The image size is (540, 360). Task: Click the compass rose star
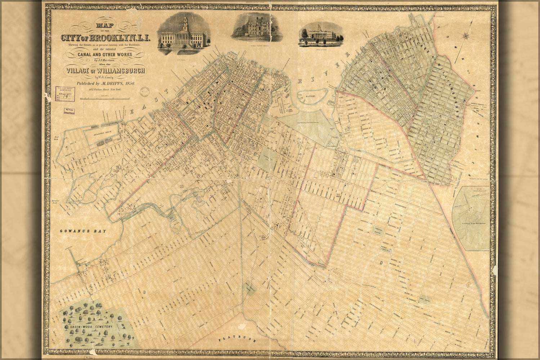pyautogui.click(x=465, y=36)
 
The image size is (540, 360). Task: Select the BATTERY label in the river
pyautogui.click(x=311, y=97)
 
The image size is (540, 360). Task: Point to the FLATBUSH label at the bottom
pyautogui.click(x=238, y=339)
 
